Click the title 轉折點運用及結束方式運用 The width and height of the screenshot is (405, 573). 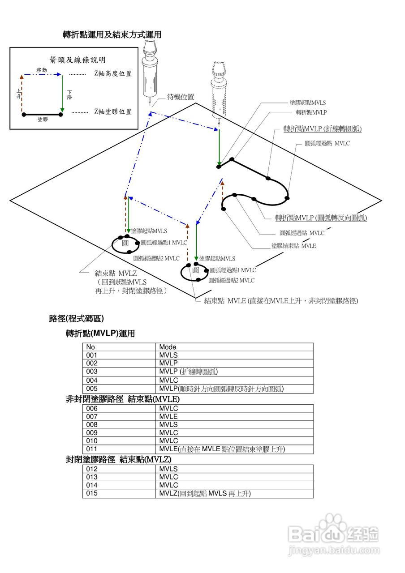(112, 34)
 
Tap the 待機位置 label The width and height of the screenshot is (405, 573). (181, 97)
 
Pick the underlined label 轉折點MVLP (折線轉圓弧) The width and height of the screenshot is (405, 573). (323, 129)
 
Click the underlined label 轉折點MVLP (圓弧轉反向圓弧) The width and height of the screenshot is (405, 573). (321, 218)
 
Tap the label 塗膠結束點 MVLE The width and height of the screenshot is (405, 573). (293, 246)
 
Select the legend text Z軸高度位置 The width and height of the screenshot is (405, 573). (113, 74)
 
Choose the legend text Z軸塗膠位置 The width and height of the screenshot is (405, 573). (113, 111)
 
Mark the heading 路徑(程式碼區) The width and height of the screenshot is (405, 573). (77, 319)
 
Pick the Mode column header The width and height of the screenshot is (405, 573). (168, 347)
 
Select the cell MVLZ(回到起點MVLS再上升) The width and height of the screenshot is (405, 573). (205, 493)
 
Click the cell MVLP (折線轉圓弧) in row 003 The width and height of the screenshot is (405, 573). (189, 372)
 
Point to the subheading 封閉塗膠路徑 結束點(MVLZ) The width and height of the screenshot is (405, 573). (119, 459)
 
